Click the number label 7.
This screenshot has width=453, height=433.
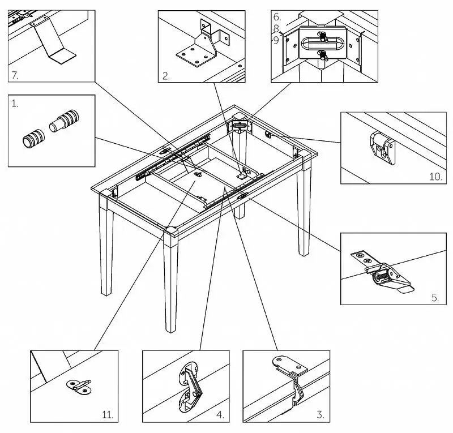pyautogui.click(x=15, y=74)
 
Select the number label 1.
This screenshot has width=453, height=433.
pyautogui.click(x=15, y=105)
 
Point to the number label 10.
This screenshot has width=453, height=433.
pyautogui.click(x=435, y=177)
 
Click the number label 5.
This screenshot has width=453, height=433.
pyautogui.click(x=435, y=297)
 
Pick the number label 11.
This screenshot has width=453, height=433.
pyautogui.click(x=108, y=415)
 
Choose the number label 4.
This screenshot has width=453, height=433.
pyautogui.click(x=220, y=415)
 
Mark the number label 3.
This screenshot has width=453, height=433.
pyautogui.click(x=320, y=415)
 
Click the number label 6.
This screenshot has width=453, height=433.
pyautogui.click(x=276, y=17)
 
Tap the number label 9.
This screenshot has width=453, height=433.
pyautogui.click(x=276, y=40)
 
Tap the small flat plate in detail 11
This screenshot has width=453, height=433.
pyautogui.click(x=79, y=386)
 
